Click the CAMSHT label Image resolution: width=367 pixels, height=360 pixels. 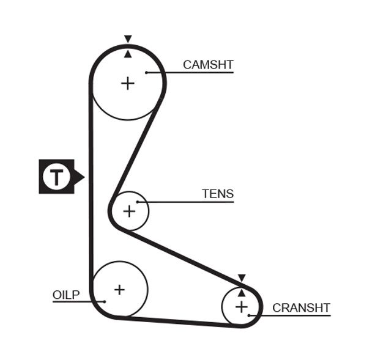[208, 65]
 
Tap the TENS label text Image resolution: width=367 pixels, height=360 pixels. [218, 194]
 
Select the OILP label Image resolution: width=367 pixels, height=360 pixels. [66, 295]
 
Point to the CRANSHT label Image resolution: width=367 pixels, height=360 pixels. [301, 308]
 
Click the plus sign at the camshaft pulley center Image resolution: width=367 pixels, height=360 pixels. [127, 83]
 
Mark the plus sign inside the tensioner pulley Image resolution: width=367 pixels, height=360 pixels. [129, 211]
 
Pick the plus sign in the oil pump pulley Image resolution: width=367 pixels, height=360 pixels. [119, 290]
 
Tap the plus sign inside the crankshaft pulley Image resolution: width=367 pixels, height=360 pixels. [242, 306]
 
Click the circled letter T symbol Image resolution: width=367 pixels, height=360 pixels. [56, 177]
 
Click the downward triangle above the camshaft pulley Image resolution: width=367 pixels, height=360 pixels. [127, 39]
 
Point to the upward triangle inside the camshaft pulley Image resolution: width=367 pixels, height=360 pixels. [127, 54]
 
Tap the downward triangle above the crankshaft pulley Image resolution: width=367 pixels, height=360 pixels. [242, 278]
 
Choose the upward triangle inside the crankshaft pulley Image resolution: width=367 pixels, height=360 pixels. [242, 293]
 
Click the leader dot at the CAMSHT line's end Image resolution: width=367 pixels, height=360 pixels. [147, 73]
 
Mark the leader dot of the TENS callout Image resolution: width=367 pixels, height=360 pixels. [138, 202]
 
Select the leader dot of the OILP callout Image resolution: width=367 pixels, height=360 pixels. [105, 301]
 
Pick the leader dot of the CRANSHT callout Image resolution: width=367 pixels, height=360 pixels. [249, 315]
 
